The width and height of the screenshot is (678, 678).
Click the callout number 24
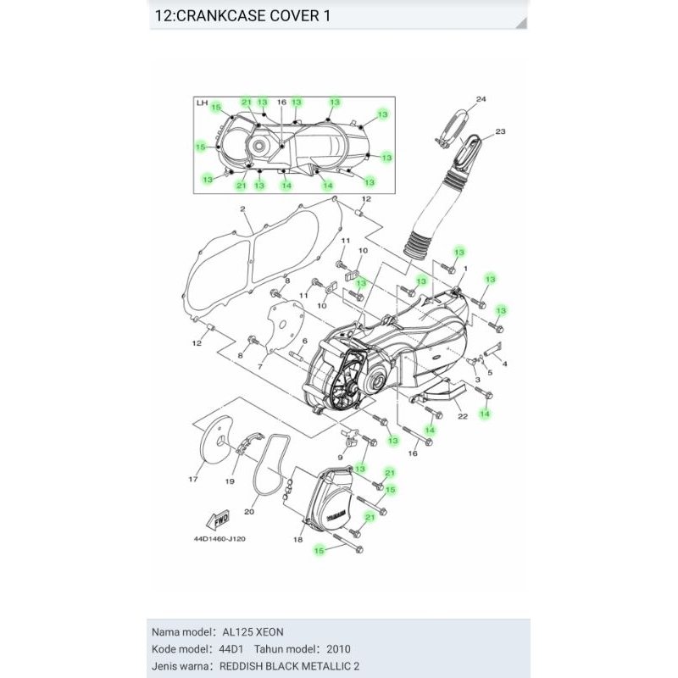(x=481, y=100)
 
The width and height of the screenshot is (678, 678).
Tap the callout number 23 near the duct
(x=500, y=131)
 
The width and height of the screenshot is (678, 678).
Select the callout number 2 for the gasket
(x=242, y=208)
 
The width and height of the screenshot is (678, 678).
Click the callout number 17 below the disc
(x=192, y=480)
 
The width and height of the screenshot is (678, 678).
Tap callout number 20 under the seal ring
(x=250, y=511)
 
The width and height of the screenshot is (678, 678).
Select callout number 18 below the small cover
(x=297, y=540)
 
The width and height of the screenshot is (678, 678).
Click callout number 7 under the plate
(x=261, y=364)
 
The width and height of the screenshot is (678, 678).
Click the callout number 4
(x=505, y=364)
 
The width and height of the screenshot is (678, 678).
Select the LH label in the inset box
(x=202, y=103)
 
